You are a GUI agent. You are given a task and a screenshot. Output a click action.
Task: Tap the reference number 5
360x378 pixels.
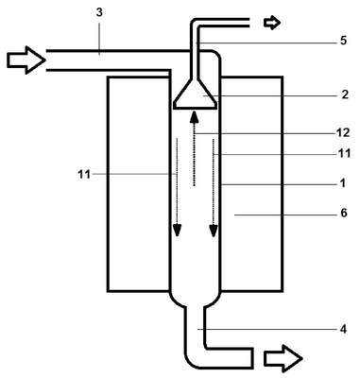click(343, 41)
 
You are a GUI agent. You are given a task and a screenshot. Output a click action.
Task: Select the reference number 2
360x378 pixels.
click(345, 94)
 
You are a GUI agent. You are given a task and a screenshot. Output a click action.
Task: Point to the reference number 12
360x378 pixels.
click(343, 132)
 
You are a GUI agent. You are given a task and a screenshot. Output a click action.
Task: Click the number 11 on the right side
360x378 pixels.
click(344, 153)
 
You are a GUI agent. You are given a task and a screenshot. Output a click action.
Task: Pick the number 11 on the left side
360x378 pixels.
click(84, 174)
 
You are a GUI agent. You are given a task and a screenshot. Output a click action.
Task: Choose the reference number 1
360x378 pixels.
click(343, 183)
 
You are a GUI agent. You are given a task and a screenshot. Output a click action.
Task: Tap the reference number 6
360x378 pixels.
click(344, 214)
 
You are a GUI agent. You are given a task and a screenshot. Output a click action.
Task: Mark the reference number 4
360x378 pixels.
click(343, 330)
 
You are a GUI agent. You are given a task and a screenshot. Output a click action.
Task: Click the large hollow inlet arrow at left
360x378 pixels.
click(26, 60)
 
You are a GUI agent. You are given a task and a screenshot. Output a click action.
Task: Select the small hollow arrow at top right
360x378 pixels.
click(272, 23)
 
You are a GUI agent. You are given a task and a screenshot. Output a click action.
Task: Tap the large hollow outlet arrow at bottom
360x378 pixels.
click(283, 358)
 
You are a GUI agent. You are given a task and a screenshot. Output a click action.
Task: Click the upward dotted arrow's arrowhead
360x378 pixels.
click(194, 117)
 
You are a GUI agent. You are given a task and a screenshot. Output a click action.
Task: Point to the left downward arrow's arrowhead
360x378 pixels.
click(178, 230)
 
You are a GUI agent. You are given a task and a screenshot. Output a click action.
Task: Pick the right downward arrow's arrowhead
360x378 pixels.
click(214, 230)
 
